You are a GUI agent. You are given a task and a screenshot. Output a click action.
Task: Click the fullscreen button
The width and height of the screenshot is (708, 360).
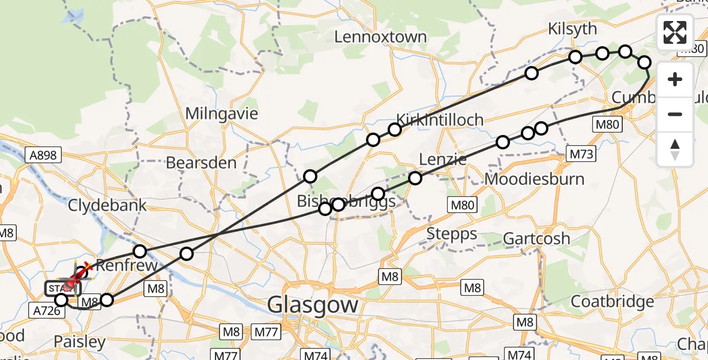(675, 32)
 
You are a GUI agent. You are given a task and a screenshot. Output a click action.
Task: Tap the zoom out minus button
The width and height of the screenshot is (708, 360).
(675, 114)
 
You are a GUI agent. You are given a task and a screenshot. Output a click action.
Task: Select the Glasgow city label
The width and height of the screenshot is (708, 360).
(313, 305)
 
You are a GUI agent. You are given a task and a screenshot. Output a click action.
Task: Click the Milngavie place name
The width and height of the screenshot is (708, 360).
(221, 113)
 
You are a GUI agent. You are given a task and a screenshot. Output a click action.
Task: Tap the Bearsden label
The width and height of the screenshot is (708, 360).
(201, 163)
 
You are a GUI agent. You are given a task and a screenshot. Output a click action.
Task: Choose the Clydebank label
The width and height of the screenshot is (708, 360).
(107, 206)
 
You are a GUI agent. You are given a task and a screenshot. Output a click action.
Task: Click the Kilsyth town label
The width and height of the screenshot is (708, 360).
(572, 29)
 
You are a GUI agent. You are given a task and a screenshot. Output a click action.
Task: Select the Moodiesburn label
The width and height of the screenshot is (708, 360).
(526, 179)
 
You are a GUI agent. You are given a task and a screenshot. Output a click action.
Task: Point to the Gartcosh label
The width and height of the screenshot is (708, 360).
(536, 239)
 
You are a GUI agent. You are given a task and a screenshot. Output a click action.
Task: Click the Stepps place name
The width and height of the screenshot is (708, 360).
(452, 234)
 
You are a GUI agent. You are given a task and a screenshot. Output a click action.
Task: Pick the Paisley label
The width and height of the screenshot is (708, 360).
(79, 342)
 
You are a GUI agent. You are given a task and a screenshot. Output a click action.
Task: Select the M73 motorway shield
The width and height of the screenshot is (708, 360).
(581, 155)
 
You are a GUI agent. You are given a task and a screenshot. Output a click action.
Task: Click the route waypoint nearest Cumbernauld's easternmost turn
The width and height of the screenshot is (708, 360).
(644, 62)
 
